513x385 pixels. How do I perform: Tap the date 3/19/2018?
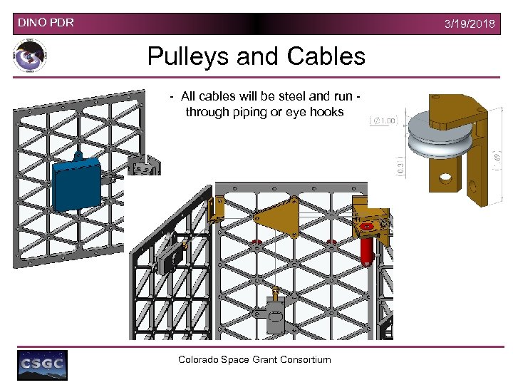tap(470, 24)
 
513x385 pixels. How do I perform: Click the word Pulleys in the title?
tap(189, 56)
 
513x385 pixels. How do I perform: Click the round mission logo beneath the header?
tap(30, 56)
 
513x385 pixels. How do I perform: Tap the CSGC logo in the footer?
tap(42, 364)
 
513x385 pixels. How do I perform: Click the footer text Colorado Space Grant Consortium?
tap(254, 359)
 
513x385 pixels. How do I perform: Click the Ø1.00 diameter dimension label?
tap(385, 121)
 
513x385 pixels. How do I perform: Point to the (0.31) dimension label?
tap(400, 168)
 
